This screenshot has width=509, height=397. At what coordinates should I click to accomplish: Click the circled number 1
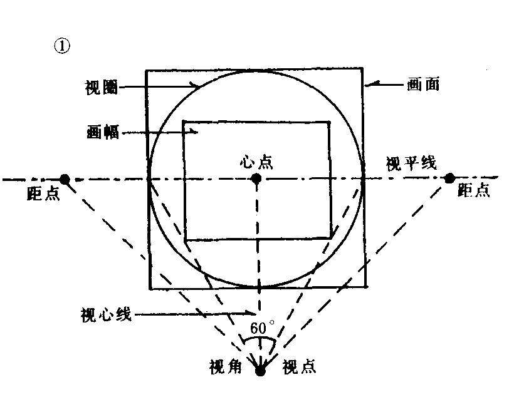tap(61, 46)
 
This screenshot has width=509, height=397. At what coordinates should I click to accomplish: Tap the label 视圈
tap(102, 87)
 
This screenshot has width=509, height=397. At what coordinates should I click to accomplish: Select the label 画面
tap(423, 84)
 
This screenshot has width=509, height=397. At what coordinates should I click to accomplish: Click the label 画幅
tap(103, 132)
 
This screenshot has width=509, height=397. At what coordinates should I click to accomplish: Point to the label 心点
tap(256, 162)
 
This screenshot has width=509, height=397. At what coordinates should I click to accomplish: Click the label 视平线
tap(411, 163)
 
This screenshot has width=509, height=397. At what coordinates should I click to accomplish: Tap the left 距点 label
tap(43, 193)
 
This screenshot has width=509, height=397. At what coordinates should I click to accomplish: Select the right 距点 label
tap(474, 189)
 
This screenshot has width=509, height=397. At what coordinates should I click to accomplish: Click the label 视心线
tap(106, 314)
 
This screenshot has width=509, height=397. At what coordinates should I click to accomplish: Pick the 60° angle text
tap(262, 328)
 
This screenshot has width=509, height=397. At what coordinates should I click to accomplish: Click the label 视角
tap(225, 367)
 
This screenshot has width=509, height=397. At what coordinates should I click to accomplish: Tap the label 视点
tap(299, 367)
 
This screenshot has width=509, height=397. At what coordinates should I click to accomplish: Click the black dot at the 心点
tap(256, 178)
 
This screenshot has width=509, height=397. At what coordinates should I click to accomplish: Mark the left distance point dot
tap(65, 179)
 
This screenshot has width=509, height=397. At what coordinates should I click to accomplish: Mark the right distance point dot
tap(449, 178)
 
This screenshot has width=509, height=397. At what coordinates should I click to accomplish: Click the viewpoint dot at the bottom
tap(260, 371)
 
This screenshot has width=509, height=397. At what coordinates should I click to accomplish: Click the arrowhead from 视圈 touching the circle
tap(195, 85)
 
